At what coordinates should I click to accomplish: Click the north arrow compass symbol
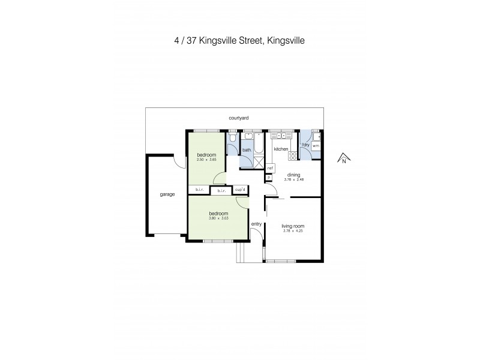[x=343, y=159]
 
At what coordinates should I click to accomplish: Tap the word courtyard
[x=239, y=118]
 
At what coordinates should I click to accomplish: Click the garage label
[x=167, y=194]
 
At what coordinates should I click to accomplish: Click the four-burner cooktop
[x=293, y=155]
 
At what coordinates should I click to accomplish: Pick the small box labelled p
[x=269, y=177]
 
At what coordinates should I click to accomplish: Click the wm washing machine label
[x=316, y=146]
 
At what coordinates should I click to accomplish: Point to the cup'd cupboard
[x=241, y=190]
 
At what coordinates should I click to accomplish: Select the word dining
[x=293, y=175]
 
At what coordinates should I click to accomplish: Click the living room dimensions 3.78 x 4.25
[x=294, y=231]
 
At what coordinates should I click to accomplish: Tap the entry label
[x=256, y=224]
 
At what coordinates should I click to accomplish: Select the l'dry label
[x=305, y=145]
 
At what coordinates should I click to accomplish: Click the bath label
[x=247, y=150]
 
